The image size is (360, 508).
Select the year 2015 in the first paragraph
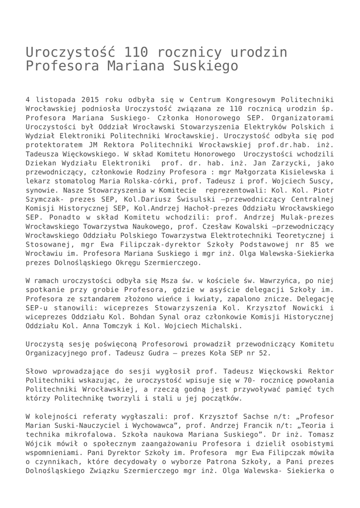coord(90,99)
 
